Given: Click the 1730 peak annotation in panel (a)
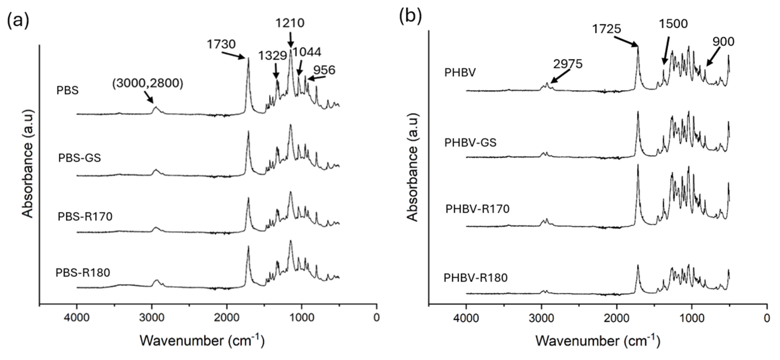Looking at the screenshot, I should [x=221, y=44].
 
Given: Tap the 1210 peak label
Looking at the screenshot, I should [x=290, y=23].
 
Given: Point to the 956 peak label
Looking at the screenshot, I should [x=324, y=70].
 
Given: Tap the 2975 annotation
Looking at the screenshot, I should [x=568, y=64].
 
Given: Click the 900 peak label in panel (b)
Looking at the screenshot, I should [x=723, y=41].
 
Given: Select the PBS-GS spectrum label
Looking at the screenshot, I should [x=79, y=158].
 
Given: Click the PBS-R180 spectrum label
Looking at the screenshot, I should [x=83, y=273].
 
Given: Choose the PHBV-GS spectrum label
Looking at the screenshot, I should [x=470, y=142].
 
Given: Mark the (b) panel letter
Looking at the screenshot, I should [x=410, y=17].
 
